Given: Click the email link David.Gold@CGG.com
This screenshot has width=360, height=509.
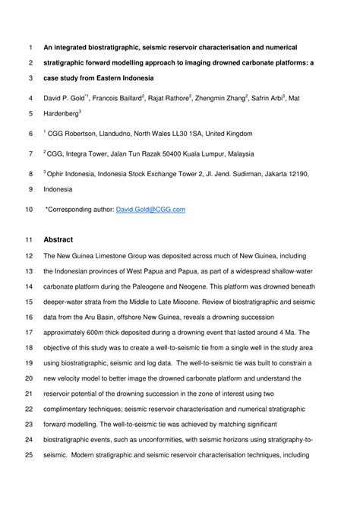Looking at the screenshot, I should point(150,209).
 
